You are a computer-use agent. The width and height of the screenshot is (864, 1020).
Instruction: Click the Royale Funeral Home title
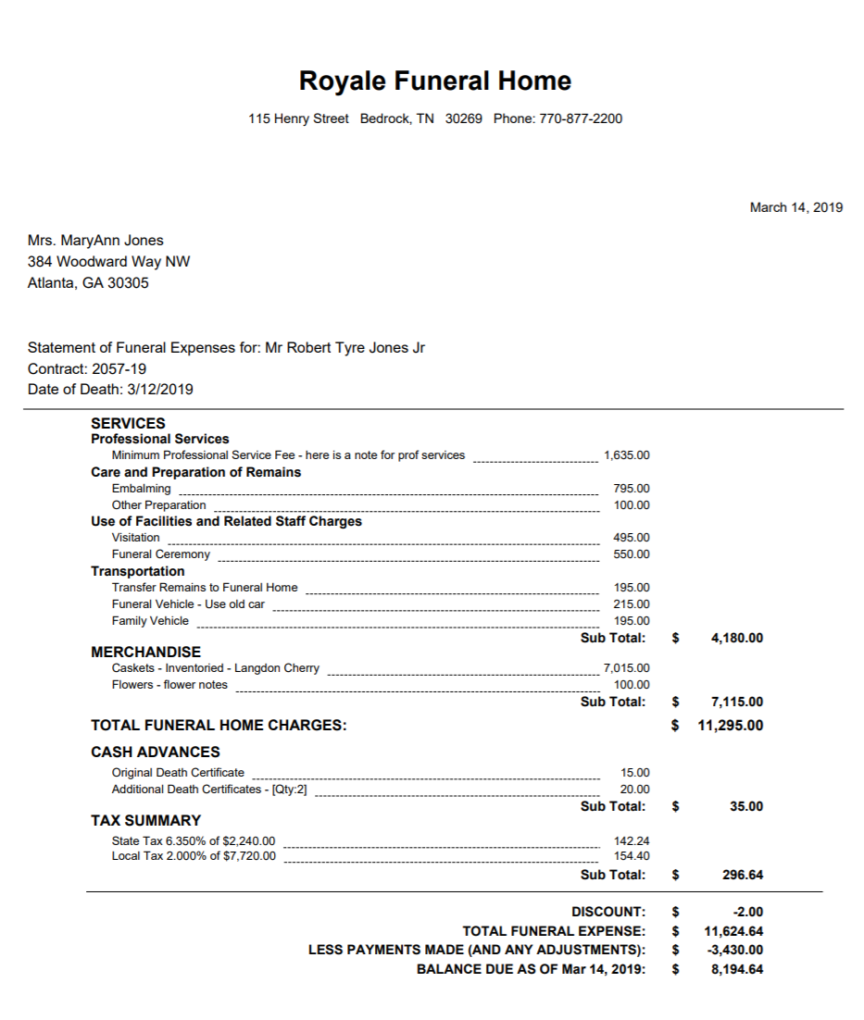coord(434,81)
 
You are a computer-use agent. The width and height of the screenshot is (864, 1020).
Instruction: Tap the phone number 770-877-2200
coord(580,118)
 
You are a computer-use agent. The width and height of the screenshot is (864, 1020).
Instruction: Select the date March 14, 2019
coord(795,207)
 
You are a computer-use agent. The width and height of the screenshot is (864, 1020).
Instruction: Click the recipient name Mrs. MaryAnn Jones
coord(95,241)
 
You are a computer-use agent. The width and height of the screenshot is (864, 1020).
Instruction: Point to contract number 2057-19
coord(115,368)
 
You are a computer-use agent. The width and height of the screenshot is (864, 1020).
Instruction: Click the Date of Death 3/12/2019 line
coord(110,389)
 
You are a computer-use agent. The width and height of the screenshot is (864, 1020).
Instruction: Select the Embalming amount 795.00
coord(631,489)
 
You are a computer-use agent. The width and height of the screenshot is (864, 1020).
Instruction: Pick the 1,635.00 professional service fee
coord(626,455)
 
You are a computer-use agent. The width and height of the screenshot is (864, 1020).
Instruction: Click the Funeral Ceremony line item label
coord(160,554)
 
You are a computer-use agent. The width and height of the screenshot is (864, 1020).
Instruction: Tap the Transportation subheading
coord(137,571)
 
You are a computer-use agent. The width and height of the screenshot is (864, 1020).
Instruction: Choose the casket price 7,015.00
coord(626,668)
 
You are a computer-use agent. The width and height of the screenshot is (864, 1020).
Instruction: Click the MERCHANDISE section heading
coord(145,652)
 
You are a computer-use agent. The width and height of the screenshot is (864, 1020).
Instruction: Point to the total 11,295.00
coord(730,726)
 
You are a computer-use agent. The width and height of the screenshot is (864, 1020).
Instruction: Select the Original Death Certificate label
coord(178,773)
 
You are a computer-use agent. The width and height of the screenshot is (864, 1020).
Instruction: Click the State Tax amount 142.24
coord(632,840)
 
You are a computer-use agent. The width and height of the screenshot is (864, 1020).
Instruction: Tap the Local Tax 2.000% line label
coord(194,856)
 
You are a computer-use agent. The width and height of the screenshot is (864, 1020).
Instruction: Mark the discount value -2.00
coord(747,912)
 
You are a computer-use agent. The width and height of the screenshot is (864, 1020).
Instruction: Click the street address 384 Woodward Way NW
coord(108,262)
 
